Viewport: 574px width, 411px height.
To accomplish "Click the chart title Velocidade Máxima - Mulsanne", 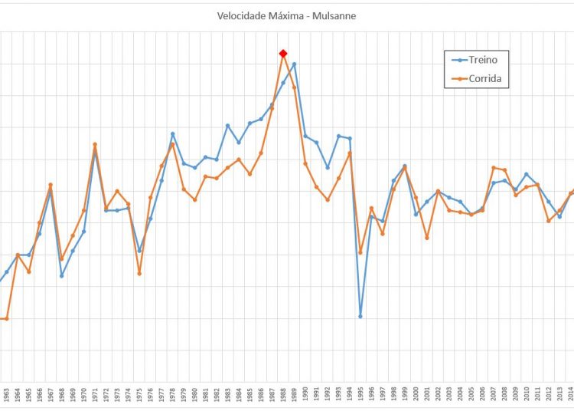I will (x=286, y=15).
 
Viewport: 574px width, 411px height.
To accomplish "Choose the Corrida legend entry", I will (x=475, y=77).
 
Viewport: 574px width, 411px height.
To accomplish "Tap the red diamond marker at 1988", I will (x=283, y=53).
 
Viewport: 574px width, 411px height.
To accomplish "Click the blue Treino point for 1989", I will (x=294, y=64).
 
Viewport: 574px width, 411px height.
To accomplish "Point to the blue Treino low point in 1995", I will (x=360, y=316).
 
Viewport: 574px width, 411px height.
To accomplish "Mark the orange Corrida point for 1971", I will (x=95, y=144).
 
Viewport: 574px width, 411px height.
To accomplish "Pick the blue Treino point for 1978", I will (x=172, y=134).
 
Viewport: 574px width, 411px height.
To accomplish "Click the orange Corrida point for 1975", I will (x=139, y=273).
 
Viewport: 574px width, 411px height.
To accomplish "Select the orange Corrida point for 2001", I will (x=427, y=238).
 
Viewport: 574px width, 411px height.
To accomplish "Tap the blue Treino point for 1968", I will (x=62, y=275).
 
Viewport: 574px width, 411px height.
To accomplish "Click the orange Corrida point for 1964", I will (x=18, y=255).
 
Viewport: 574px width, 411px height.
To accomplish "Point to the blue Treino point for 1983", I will (x=228, y=125).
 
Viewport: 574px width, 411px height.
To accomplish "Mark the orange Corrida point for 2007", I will (x=494, y=167).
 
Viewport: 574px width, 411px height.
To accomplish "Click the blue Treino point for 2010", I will (x=527, y=174).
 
